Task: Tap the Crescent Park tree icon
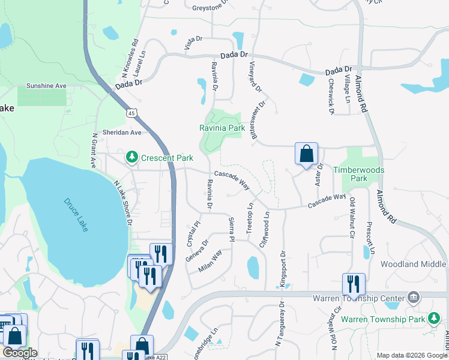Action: click(x=131, y=157)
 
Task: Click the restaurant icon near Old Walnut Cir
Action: click(x=354, y=284)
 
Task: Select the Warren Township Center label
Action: click(x=359, y=298)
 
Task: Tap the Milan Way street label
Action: click(x=210, y=262)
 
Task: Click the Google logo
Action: click(x=20, y=352)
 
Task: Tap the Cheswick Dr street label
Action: click(x=331, y=97)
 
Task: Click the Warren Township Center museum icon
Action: click(x=413, y=298)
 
